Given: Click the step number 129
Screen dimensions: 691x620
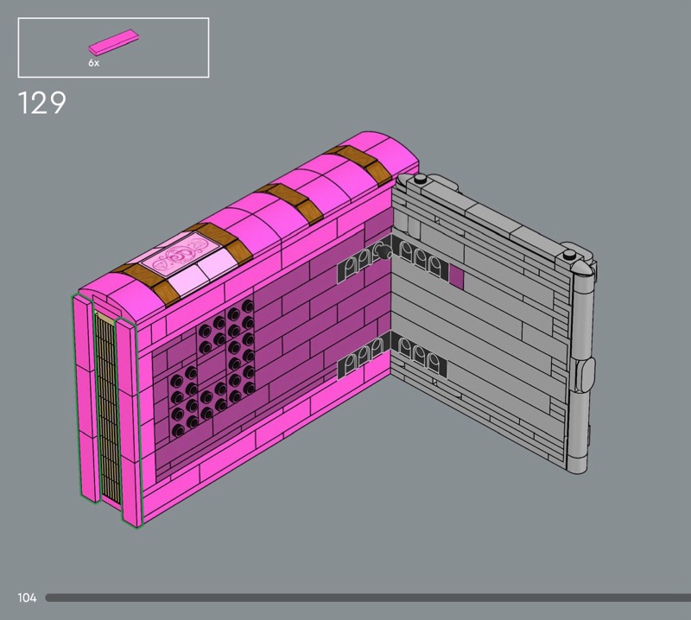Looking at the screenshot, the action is [x=41, y=103].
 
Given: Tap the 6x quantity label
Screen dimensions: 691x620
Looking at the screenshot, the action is [x=94, y=63].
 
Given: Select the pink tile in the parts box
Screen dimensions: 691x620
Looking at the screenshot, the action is [x=114, y=41].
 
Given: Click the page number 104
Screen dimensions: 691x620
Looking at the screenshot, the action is [x=27, y=598].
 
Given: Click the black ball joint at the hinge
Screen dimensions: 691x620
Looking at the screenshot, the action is [x=384, y=252].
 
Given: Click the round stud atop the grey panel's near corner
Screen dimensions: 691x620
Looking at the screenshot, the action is [x=570, y=254].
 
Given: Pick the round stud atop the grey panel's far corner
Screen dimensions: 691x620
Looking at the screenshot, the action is [x=421, y=179].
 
